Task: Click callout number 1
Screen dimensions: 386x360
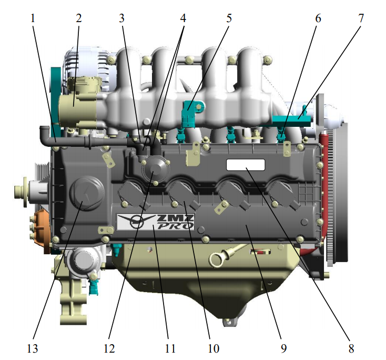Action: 33,18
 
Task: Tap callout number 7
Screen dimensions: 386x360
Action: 361,18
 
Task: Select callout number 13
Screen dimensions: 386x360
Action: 33,348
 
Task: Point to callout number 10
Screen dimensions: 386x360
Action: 214,348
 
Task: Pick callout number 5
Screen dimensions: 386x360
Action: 229,18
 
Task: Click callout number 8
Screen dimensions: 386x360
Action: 351,348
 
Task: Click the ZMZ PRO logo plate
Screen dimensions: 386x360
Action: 156,222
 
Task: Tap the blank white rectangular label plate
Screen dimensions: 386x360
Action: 246,165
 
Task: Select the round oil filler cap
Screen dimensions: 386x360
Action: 87,193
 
